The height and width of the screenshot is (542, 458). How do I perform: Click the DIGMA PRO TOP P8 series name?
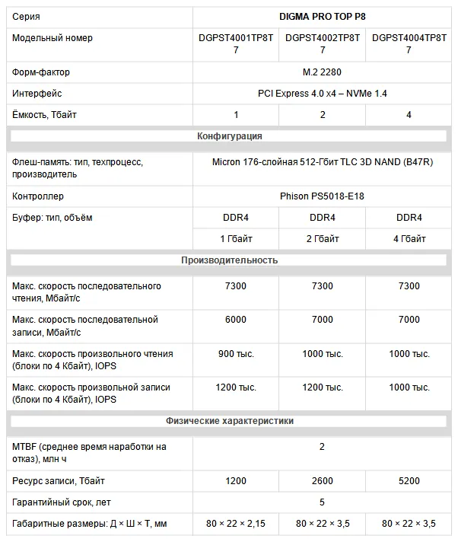coord(323,16)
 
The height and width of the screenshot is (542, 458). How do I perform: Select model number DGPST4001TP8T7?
coord(236,43)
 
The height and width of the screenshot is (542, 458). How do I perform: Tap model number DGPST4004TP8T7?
coord(409,43)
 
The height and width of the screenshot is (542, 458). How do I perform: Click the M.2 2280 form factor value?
coord(323,72)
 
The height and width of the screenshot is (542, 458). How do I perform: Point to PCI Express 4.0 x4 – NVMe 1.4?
coord(323,94)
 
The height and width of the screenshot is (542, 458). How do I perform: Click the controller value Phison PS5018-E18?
coord(323,196)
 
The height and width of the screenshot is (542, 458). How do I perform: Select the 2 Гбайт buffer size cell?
coord(323,239)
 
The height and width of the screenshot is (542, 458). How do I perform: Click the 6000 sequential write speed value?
coord(236,320)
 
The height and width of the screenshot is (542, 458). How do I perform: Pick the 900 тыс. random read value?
coord(236,354)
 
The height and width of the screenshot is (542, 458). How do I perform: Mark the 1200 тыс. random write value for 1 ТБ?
coord(236,387)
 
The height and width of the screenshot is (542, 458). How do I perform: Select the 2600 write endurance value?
coord(323,482)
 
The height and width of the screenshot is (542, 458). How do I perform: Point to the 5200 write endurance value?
coord(409,482)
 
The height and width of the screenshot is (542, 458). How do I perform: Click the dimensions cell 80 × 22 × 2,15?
coord(236,524)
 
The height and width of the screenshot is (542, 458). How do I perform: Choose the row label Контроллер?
coord(38,196)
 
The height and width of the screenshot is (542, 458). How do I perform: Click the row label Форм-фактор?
coord(41,72)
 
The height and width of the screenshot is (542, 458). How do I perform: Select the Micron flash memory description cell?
coord(323,162)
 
